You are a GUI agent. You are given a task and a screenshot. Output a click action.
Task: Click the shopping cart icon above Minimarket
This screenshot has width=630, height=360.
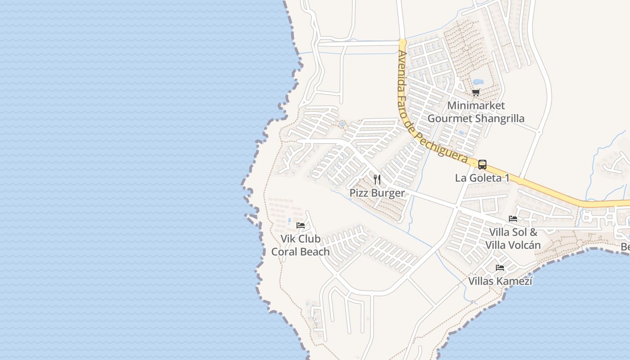tap(476, 93)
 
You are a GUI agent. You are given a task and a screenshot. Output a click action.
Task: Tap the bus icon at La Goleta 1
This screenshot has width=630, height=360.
tap(482, 165)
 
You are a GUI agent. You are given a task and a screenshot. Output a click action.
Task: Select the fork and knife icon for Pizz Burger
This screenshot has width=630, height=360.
tap(377, 180)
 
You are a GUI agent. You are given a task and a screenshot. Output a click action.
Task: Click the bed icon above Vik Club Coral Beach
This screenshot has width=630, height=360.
tap(301, 225)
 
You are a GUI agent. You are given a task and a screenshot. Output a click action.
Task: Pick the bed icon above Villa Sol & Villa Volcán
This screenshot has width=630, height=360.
tap(513, 219)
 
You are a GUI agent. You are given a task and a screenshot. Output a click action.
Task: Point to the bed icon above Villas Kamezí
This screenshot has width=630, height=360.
tap(499, 268)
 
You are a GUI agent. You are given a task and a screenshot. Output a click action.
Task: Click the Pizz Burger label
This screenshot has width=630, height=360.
tap(377, 193)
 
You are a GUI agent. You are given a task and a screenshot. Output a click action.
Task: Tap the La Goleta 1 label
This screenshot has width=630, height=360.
tap(482, 178)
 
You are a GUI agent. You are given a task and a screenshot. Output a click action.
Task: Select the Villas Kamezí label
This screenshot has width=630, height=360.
tap(500, 282)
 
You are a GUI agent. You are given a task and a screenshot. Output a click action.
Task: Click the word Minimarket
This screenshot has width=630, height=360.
tap(476, 106)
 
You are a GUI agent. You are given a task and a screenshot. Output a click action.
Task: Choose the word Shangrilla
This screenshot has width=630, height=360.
tap(500, 119)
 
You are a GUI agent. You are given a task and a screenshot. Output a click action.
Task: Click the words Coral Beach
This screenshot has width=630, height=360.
tap(300, 252)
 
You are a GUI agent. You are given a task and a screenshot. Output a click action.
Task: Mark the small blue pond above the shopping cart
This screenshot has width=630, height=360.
tap(478, 82)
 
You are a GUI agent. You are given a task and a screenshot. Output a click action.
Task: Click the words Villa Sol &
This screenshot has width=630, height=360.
tap(513, 233)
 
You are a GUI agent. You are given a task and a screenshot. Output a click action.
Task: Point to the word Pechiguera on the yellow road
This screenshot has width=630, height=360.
tap(445, 148)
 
